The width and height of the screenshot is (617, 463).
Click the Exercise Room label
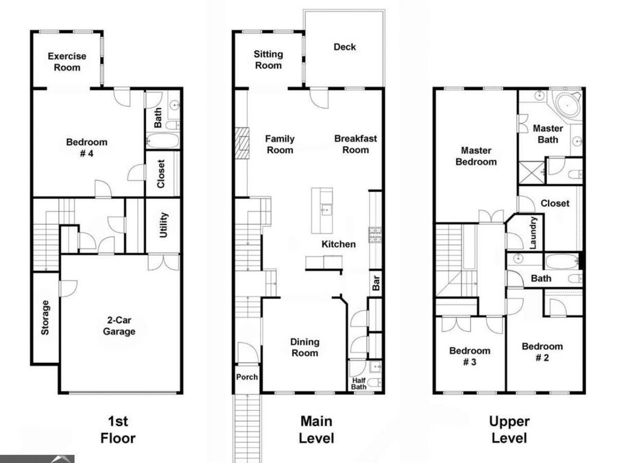point(67,62)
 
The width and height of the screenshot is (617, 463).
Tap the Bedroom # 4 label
point(86,147)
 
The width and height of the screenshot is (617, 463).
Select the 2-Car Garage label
point(119,326)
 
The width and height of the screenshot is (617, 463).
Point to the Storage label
point(45,318)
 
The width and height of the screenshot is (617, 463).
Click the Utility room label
point(164,225)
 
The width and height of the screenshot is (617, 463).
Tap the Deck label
point(345,47)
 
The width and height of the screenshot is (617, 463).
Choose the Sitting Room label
point(268,60)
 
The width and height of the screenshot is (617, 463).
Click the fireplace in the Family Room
point(242,143)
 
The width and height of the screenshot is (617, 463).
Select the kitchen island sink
point(326,209)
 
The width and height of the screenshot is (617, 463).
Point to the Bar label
point(376,283)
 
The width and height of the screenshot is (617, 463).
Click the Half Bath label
point(359,383)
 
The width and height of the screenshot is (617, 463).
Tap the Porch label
point(247,377)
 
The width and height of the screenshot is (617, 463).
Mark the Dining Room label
point(305,347)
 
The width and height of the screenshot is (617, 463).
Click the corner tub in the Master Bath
point(568,105)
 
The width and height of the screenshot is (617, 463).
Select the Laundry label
point(533,233)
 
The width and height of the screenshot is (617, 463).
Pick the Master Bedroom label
point(476,156)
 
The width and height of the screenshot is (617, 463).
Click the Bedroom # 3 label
point(470,356)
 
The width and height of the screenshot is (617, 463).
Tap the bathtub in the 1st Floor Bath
point(163,141)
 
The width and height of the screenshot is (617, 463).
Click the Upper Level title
point(509,429)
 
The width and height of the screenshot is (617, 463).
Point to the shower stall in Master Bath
point(532,172)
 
